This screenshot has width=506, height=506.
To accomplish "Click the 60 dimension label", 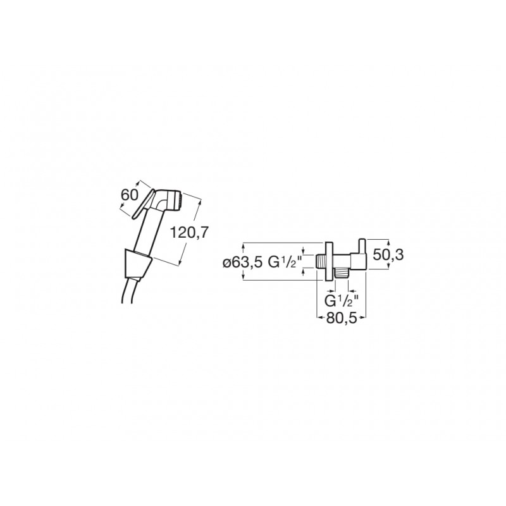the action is coord(129,195).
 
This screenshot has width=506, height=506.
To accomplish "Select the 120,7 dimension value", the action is coord(189,232).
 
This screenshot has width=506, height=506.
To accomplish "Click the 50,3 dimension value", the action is coord(388,255).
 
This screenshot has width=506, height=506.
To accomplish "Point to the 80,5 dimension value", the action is coord(342,319).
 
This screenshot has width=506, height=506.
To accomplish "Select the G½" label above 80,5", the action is coord(341,301).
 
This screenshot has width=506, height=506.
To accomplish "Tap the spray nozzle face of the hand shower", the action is coord(179,201).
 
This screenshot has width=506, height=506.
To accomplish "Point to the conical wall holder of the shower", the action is coord(137,264).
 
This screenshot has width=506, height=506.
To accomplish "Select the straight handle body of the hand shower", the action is coord(148,231).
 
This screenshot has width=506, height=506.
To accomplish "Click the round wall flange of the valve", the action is coord(329,261).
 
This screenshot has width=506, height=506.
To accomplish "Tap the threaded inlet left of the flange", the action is coord(321,261).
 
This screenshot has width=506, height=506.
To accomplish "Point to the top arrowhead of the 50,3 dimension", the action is coord(388,242).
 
